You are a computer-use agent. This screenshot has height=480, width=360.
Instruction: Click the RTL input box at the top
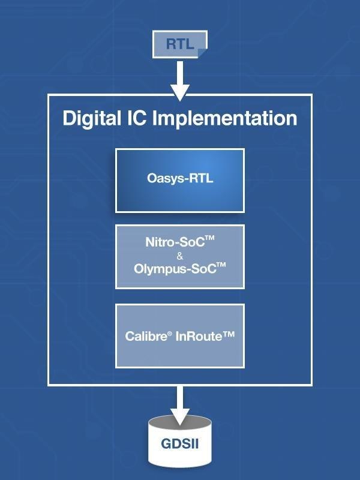click(179, 44)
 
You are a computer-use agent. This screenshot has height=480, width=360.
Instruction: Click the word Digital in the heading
click(92, 118)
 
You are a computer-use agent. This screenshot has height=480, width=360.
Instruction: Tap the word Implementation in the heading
click(225, 118)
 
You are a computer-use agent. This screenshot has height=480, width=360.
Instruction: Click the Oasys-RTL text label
click(180, 178)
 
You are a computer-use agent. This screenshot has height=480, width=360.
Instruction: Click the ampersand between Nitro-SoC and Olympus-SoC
click(180, 256)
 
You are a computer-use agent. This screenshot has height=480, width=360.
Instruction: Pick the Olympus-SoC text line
click(175, 269)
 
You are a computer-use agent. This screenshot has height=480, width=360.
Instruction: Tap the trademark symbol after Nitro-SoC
click(210, 239)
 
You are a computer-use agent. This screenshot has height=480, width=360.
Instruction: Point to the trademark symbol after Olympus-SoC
click(221, 265)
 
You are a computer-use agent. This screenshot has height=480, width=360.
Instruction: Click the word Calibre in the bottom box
click(144, 336)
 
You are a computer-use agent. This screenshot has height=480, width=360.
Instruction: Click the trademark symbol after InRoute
click(229, 335)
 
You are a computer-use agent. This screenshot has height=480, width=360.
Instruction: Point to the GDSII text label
click(180, 445)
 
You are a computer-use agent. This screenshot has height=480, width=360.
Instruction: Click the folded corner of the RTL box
click(202, 53)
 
